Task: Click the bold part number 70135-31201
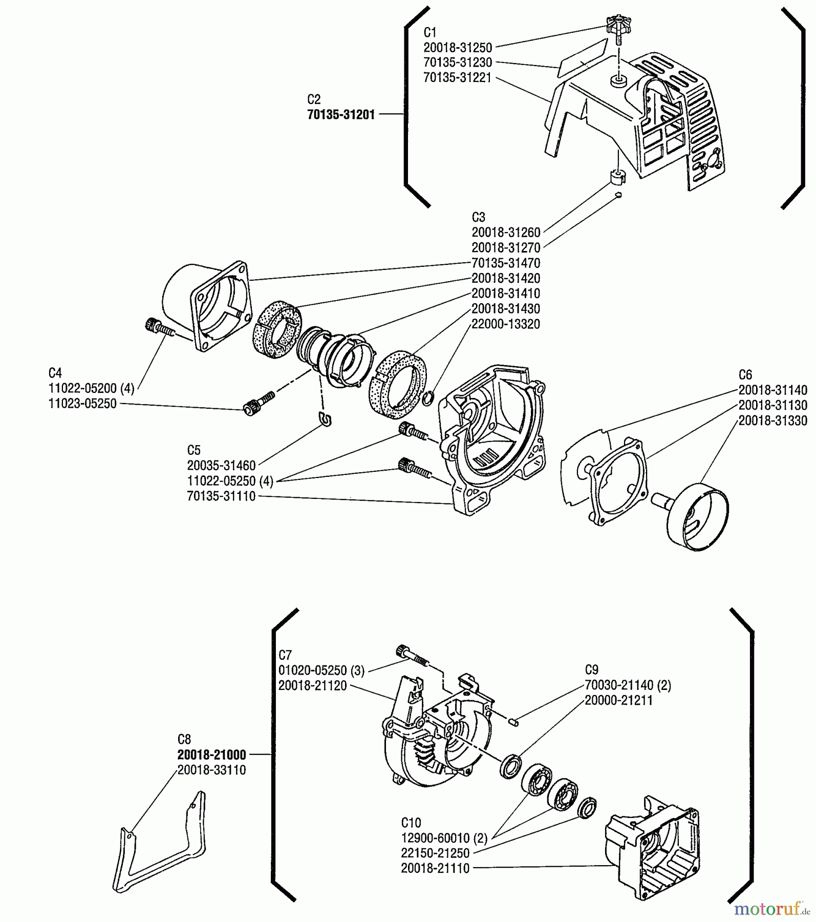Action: click(341, 115)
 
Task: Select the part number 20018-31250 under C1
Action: click(458, 48)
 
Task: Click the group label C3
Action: click(478, 217)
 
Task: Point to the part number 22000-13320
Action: click(505, 324)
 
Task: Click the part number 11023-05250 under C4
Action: click(82, 404)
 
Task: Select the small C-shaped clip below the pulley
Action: click(325, 419)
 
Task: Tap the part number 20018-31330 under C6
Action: click(772, 421)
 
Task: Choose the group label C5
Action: click(194, 450)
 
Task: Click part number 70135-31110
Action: click(221, 496)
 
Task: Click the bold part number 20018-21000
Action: click(211, 755)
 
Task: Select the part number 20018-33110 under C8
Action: click(211, 770)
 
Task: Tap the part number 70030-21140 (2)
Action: click(628, 685)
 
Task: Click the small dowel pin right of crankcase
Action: click(516, 722)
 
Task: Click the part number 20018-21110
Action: click(435, 869)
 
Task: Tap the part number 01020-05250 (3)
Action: click(321, 670)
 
